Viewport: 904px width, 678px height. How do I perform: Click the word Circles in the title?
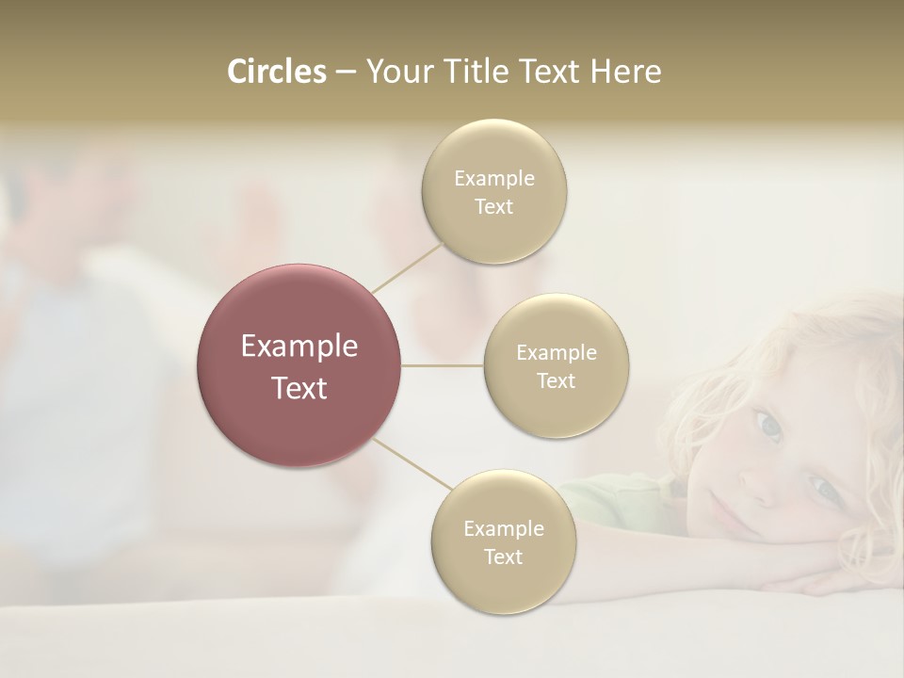[x=277, y=72]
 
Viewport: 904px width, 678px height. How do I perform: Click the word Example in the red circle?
[x=299, y=347]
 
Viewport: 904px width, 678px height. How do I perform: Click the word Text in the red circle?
[x=299, y=388]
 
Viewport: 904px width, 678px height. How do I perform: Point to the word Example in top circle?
[x=493, y=179]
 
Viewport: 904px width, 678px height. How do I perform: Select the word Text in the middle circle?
[x=556, y=381]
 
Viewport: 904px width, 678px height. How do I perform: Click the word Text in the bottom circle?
[x=503, y=557]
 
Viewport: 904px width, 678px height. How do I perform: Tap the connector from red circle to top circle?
[x=408, y=267]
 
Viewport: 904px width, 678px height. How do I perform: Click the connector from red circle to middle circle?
[x=443, y=365]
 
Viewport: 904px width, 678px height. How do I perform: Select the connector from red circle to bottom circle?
[x=412, y=462]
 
